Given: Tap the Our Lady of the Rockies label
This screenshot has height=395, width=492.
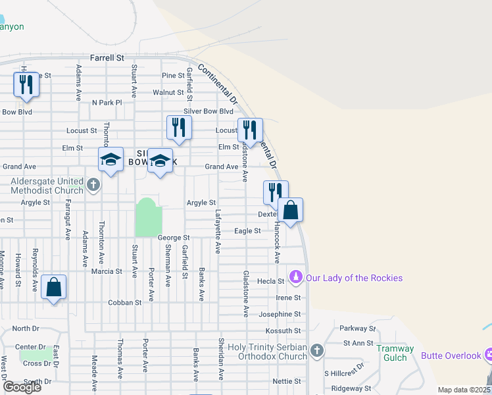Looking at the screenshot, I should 354,278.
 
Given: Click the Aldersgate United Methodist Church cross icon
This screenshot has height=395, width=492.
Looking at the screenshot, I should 93,185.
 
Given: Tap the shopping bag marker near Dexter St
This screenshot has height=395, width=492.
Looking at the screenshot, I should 290,211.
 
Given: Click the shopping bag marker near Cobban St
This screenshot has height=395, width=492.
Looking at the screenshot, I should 53,288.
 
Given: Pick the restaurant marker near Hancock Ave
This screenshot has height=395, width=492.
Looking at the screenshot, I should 276,193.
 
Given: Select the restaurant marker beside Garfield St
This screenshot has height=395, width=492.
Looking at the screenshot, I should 178,127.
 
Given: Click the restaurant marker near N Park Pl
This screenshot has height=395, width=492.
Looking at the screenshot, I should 26,86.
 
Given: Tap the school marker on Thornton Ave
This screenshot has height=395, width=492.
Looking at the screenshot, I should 111,160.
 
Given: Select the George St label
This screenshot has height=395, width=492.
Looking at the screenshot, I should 174,237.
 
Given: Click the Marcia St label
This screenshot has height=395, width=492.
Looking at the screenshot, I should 107,271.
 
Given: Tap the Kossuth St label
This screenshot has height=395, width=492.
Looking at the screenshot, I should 287,330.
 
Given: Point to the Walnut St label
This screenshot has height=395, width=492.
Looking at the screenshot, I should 168,93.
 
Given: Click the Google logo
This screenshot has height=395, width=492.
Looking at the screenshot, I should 22,387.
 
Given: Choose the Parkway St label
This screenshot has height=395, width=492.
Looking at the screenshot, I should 357,328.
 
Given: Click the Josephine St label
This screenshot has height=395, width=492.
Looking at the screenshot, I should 280,314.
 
